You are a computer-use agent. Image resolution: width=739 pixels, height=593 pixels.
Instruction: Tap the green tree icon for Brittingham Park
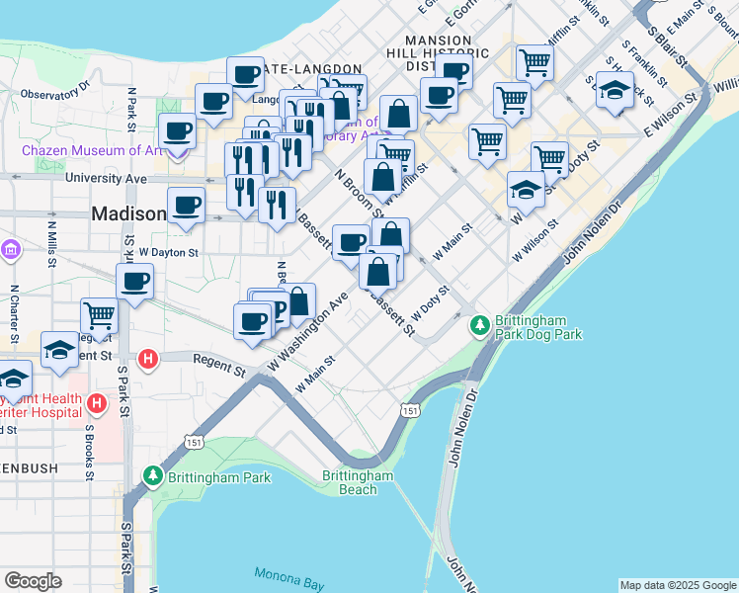coord(153,477)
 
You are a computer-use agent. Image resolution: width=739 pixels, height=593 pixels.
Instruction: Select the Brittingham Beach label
coord(358,482)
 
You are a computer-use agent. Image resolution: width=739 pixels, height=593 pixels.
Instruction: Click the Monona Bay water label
coord(285,574)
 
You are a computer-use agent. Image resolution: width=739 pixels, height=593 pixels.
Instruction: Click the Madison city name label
coord(128,213)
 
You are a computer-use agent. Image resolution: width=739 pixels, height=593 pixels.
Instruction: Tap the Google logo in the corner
coord(33,581)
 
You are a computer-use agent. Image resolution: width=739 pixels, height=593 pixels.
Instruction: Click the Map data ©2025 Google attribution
coord(677,585)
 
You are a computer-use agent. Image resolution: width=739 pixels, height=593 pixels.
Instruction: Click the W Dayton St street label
coord(168,253)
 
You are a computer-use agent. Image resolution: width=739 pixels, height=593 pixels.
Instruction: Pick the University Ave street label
coord(106,179)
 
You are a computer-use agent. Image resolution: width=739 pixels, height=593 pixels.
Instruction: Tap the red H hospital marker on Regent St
coord(148,358)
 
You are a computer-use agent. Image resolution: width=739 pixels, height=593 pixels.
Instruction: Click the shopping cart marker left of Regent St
coord(100,315)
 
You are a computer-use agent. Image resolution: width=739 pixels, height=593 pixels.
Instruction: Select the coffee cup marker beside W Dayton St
coord(134,281)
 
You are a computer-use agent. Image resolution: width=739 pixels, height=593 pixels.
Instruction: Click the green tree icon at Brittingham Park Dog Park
coord(480,323)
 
